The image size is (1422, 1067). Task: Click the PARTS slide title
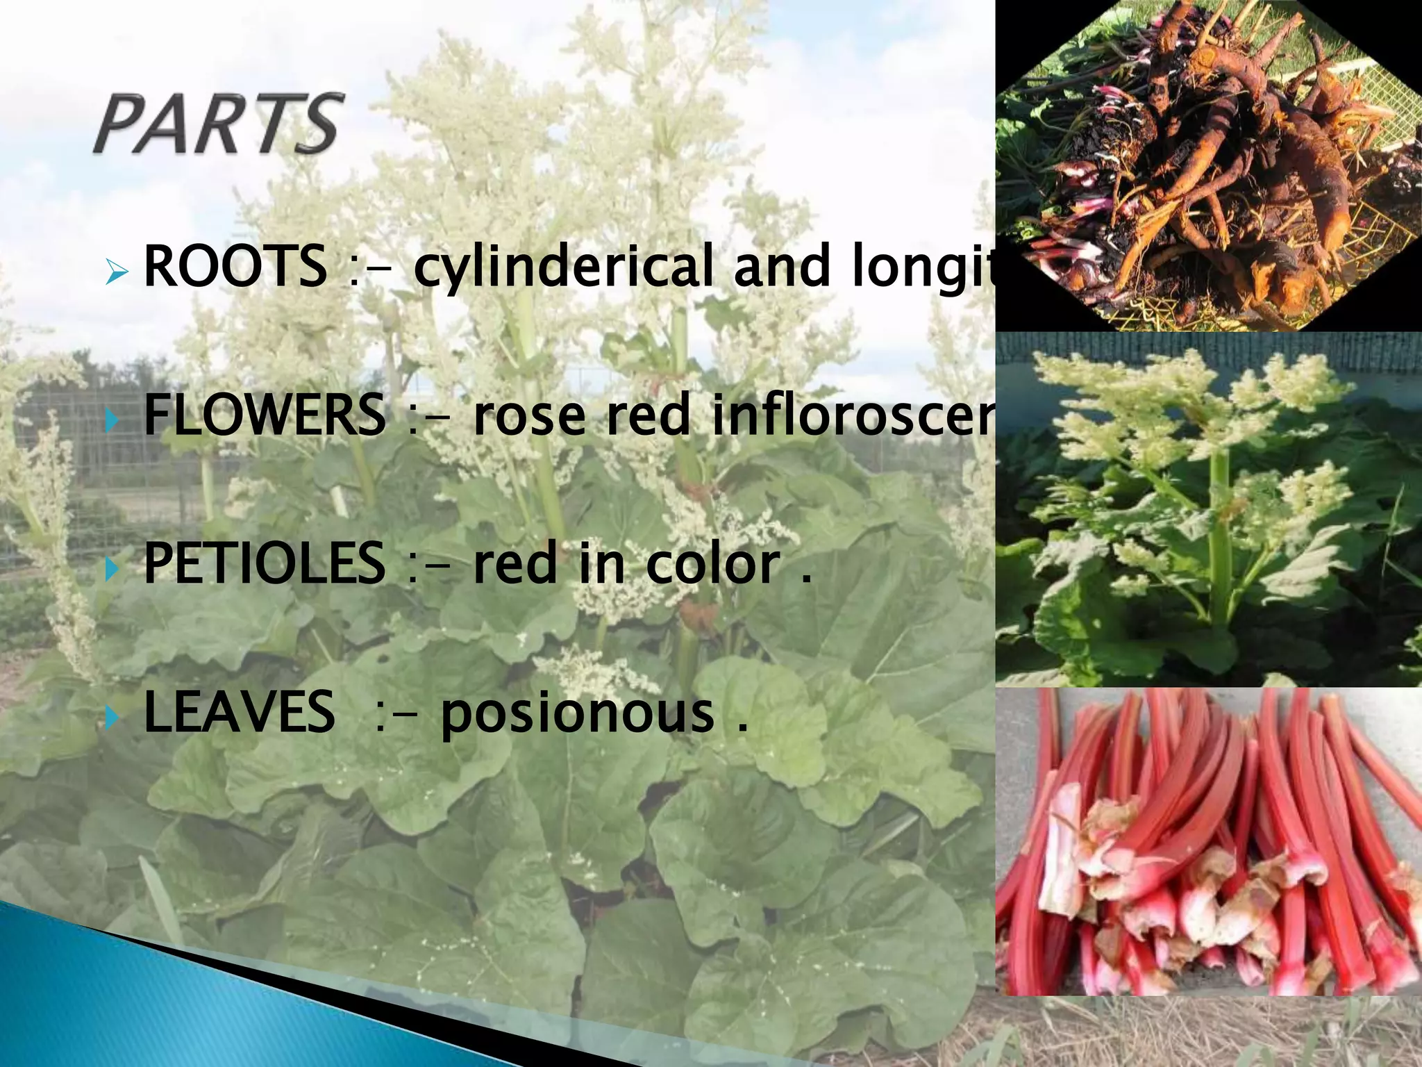tap(218, 125)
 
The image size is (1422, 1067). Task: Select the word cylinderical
tap(564, 267)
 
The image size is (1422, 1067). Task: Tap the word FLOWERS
tap(264, 415)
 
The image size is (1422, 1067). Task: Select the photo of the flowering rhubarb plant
tap(1208, 510)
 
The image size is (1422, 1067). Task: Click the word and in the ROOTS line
tap(782, 267)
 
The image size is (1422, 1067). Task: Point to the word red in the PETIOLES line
tap(515, 564)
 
